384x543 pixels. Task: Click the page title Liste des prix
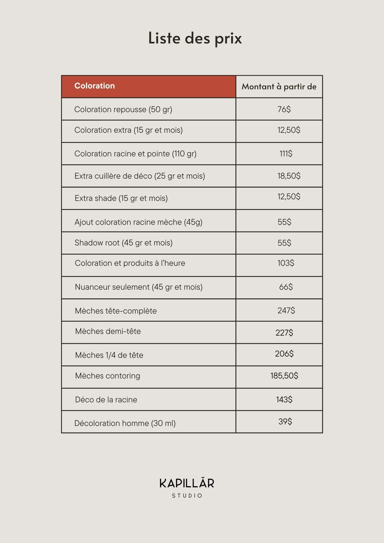point(195,38)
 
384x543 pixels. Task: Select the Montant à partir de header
point(279,87)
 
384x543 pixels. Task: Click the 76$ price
point(284,109)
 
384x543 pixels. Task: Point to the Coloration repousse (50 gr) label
point(123,109)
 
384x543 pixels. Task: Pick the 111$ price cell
point(286,154)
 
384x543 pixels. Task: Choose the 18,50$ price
point(289,176)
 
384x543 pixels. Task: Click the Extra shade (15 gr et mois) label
point(121,198)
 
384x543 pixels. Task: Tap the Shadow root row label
point(124,243)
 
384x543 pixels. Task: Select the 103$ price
point(286,263)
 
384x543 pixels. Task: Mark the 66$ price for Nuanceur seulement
point(286,287)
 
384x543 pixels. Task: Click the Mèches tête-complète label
point(116,311)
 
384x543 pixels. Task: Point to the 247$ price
point(286,310)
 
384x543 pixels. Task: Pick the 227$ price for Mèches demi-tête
point(284,333)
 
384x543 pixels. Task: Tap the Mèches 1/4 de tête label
point(109,355)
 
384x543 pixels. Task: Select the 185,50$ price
point(284,375)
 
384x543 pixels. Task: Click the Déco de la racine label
point(106,400)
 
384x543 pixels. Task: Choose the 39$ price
point(285,421)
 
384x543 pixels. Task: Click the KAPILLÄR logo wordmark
point(187,483)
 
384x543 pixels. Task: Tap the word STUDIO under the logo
point(187,495)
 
